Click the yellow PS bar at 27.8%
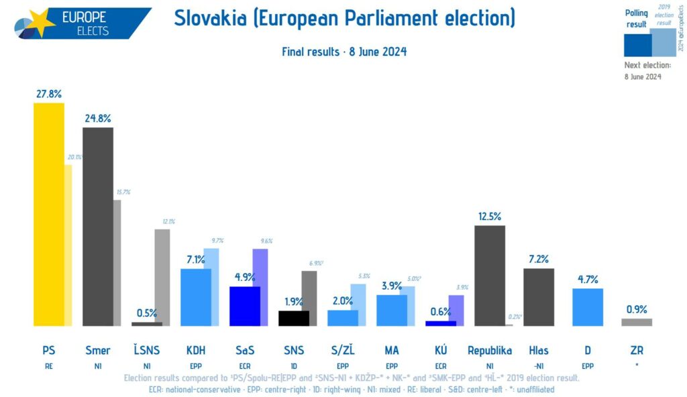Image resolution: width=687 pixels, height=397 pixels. tap(49, 215)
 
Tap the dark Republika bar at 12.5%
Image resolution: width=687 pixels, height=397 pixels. tap(489, 276)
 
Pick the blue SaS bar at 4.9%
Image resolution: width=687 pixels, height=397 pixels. tap(245, 306)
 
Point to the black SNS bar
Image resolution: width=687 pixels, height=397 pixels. tap(294, 319)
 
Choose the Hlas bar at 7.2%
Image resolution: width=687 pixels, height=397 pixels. tap(539, 297)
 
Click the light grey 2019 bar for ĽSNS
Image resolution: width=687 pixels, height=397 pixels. tap(162, 275)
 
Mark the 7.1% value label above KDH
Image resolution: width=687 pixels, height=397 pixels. tap(196, 260)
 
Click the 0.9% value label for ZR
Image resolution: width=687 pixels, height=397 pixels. tap(636, 309)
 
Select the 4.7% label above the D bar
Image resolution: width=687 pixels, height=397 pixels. tap(587, 280)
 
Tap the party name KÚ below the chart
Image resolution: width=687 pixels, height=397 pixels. tap(441, 350)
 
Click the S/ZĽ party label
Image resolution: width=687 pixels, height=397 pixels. tap(343, 350)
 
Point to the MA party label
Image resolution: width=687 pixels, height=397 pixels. tap(392, 350)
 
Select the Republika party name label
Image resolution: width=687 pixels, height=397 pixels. tap(490, 350)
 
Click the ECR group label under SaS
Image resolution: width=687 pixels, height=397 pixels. tap(245, 365)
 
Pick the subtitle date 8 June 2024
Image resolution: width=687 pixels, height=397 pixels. tap(378, 52)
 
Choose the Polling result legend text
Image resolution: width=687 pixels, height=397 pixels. tap(637, 18)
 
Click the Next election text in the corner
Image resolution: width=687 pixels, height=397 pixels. tap(647, 65)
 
